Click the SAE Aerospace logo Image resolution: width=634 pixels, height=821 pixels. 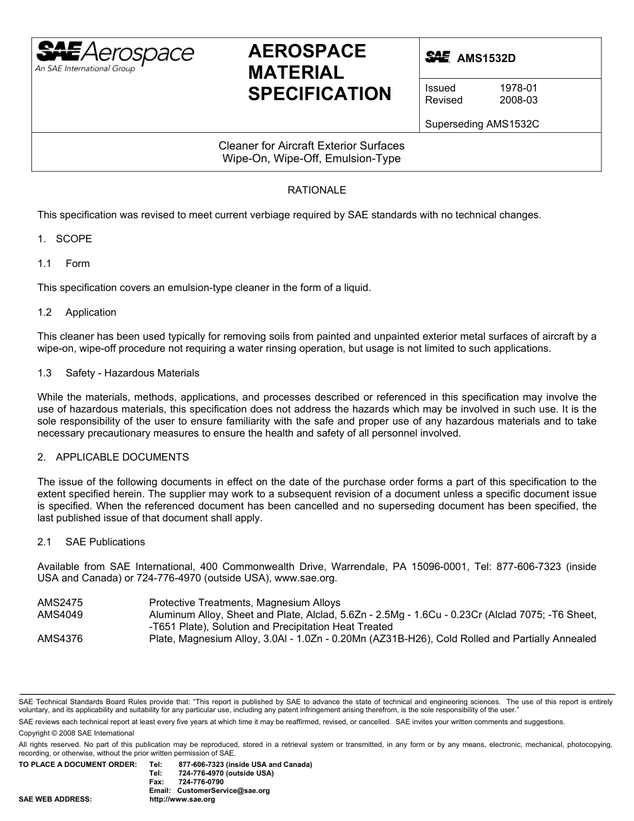[114, 55]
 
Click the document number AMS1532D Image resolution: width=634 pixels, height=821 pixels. [486, 58]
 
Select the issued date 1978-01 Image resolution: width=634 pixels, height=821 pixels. [519, 88]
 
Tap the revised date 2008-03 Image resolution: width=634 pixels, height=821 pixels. [519, 100]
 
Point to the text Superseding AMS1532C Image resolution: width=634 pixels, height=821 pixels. [482, 124]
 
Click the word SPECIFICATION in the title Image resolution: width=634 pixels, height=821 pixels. [320, 94]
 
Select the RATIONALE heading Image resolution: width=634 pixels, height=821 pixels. [316, 190]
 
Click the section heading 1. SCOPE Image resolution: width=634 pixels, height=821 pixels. [65, 239]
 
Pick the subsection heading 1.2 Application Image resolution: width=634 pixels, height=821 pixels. [77, 312]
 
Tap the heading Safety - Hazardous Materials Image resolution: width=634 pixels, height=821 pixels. [132, 373]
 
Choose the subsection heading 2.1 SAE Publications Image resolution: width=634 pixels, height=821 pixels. [91, 542]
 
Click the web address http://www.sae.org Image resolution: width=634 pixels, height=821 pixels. [182, 799]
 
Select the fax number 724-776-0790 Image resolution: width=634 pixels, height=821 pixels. [201, 782]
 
